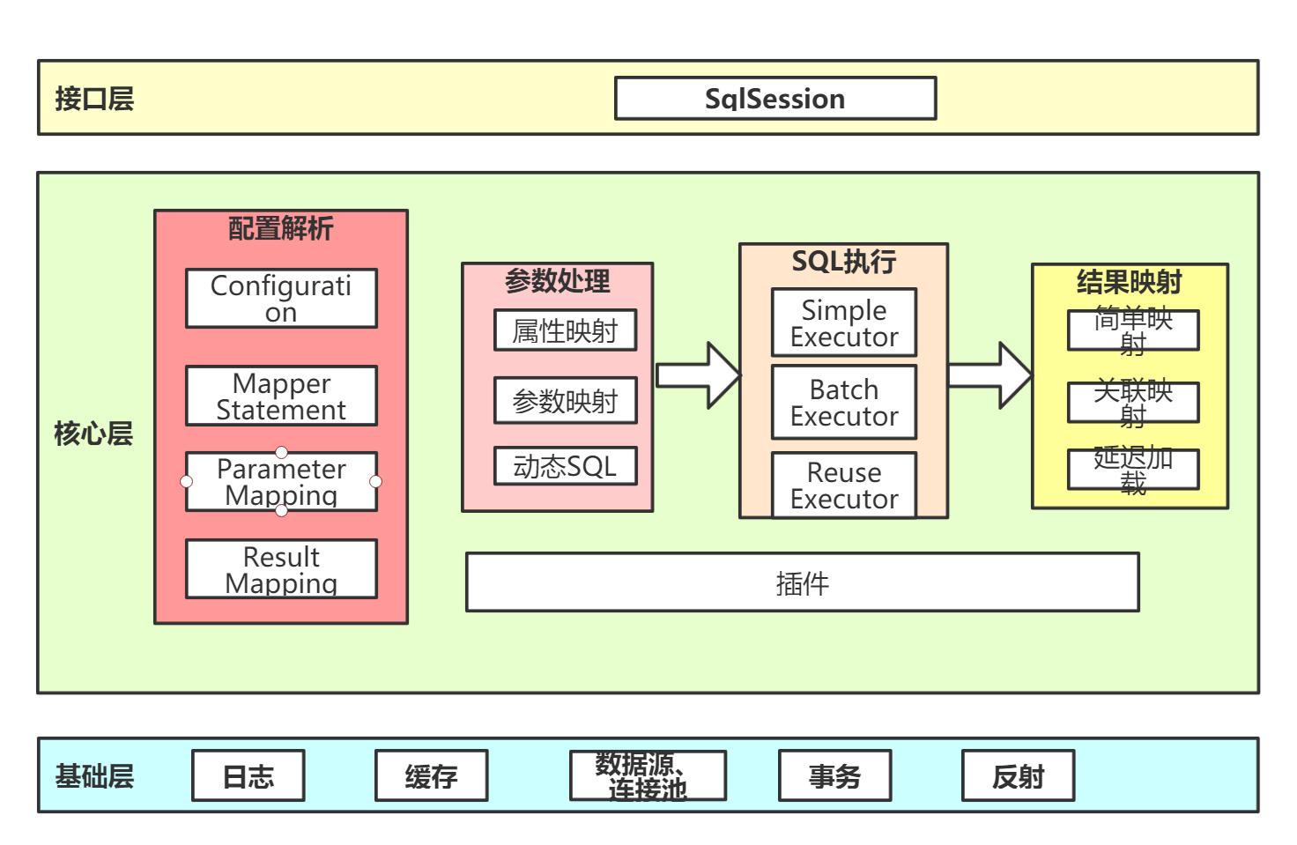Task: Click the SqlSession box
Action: [774, 99]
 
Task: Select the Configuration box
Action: [281, 299]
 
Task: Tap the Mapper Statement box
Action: [281, 397]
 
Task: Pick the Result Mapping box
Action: [281, 569]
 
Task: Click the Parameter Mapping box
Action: [281, 482]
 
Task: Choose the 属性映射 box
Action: [565, 330]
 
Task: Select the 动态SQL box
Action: [565, 466]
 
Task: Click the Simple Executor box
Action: [844, 322]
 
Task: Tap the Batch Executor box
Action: [844, 402]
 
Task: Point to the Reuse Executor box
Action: [844, 485]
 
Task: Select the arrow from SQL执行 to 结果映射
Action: [989, 375]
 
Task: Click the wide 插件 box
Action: [802, 582]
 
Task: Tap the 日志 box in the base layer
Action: [248, 776]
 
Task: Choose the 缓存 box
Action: [431, 776]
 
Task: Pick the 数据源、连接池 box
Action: [648, 776]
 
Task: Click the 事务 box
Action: [834, 776]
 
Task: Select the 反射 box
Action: [1018, 776]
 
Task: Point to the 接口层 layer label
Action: [94, 99]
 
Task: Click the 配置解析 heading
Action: [280, 229]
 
